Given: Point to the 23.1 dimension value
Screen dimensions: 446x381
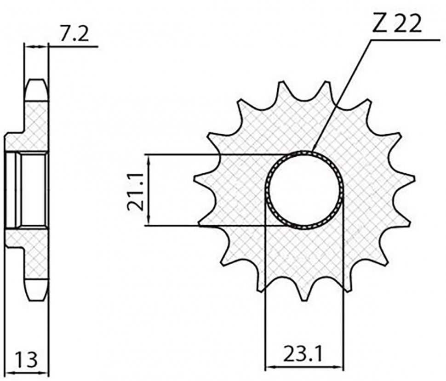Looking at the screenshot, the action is [x=303, y=354].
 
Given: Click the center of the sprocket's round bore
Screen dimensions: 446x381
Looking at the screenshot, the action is [x=304, y=190].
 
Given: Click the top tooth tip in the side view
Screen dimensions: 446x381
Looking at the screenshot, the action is [x=36, y=80].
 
